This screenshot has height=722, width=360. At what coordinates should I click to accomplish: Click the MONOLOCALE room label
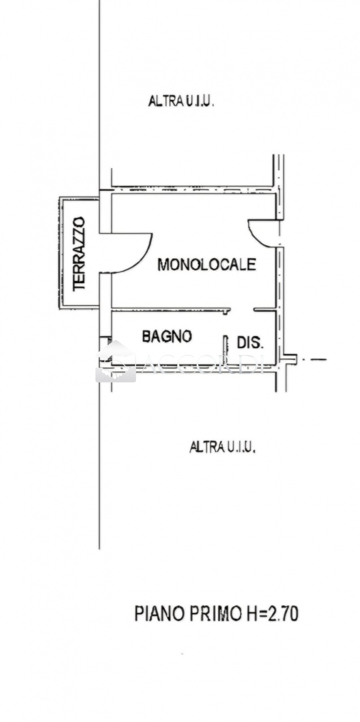coord(207,264)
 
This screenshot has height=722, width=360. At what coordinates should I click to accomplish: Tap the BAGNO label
coord(166,337)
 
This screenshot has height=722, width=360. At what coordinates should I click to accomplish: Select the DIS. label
coord(250,342)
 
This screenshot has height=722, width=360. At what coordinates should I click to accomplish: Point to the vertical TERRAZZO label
coord(80,254)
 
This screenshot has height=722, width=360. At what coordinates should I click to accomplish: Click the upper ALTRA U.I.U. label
coord(181,102)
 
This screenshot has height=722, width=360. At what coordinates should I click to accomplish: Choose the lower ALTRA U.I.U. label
coord(223,447)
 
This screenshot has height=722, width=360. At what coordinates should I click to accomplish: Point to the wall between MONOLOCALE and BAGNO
coord(169,310)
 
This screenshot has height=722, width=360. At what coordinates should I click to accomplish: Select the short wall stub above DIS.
coord(264,310)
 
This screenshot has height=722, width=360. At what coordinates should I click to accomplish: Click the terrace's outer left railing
coord(60,252)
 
